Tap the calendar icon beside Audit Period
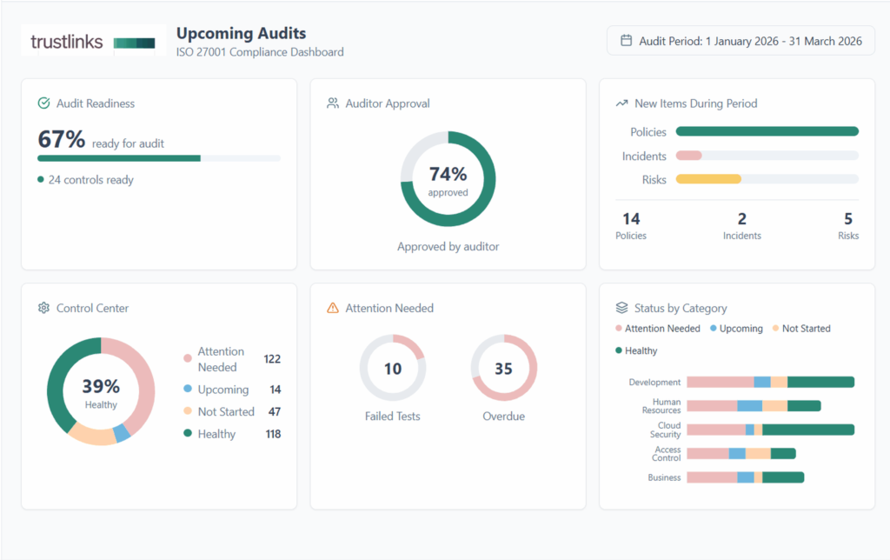pos(626,41)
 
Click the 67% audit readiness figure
pos(62,139)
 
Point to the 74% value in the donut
pos(448,174)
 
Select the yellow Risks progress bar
pos(708,179)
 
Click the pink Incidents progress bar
pos(689,156)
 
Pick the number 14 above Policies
pos(631,219)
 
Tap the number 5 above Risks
pos(848,219)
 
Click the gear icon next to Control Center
pos(43,308)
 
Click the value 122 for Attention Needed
pos(272,359)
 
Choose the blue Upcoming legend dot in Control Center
pos(187,390)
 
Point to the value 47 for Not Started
pos(274,412)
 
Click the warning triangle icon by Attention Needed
pos(332,308)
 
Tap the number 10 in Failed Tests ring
pos(393,369)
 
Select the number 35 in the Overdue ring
pos(504,369)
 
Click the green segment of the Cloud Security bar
pos(807,430)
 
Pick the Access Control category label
pos(667,454)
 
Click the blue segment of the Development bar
pos(762,382)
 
